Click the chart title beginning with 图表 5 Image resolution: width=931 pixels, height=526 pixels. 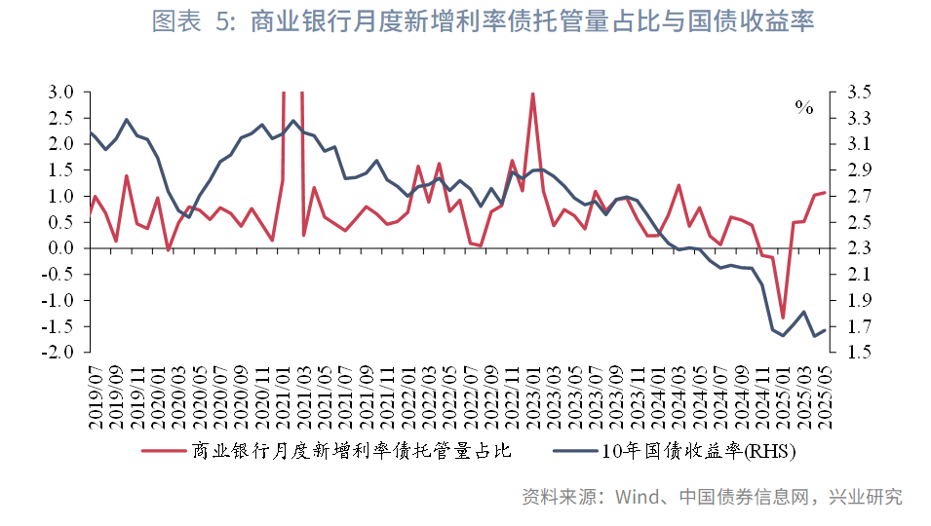(483, 22)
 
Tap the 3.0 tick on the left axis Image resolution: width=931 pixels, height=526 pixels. (60, 93)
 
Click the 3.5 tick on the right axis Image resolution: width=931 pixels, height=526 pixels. (848, 93)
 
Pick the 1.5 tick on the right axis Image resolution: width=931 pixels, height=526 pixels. (848, 352)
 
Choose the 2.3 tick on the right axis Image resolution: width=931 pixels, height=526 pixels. (848, 248)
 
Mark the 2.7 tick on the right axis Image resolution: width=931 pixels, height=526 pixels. (848, 196)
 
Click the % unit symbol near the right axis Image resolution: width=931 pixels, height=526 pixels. (803, 108)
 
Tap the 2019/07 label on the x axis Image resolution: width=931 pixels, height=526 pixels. (94, 395)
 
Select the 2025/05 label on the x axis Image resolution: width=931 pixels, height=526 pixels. (826, 395)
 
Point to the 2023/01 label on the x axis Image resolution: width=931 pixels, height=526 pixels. (532, 395)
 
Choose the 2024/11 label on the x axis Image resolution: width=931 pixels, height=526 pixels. (763, 395)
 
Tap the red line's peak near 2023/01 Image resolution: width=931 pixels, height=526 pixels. (532, 94)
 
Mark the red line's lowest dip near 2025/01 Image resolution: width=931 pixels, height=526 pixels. (783, 318)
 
